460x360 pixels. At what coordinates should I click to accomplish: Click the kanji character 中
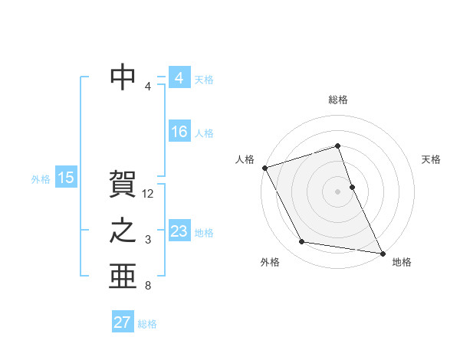tap(123, 77)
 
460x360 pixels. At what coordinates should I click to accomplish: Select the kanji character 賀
tap(123, 185)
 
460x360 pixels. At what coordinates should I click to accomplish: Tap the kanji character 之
tap(123, 231)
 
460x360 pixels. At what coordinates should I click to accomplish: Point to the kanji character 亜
tap(123, 277)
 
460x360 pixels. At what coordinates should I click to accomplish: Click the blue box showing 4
tap(179, 78)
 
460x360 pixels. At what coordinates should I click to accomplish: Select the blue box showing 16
tap(179, 132)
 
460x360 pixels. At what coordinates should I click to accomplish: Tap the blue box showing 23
tap(179, 231)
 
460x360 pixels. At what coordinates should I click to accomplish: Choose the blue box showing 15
tap(66, 178)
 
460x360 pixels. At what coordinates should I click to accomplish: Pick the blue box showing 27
tap(122, 322)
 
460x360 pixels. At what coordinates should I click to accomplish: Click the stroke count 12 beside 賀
tap(149, 195)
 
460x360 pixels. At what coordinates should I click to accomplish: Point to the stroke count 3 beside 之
tap(148, 241)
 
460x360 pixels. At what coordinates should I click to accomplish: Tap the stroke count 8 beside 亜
tap(148, 286)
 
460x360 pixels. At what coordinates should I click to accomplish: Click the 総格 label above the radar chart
tap(338, 100)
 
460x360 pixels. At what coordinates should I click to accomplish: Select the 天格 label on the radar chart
tap(432, 159)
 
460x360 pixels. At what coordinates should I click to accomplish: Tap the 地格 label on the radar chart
tap(402, 262)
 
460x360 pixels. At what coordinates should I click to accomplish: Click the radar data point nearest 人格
tap(264, 167)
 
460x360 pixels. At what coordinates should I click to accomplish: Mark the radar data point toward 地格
tap(382, 252)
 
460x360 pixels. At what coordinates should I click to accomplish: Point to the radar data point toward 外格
tap(302, 242)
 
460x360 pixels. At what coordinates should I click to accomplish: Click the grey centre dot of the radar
tap(338, 191)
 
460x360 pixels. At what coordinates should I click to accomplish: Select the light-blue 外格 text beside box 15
tap(41, 179)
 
